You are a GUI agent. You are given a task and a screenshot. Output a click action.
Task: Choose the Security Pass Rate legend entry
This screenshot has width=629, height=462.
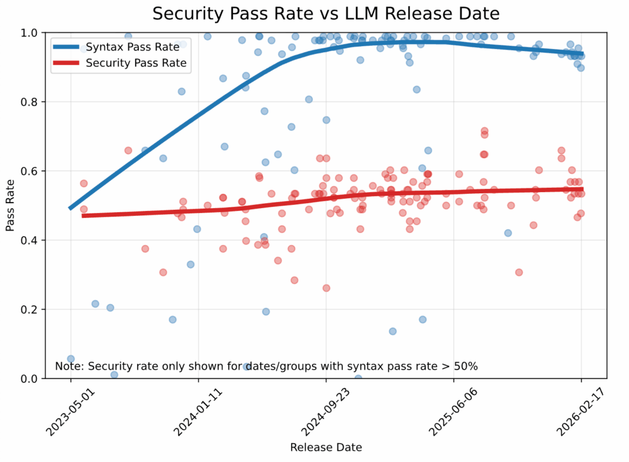136,63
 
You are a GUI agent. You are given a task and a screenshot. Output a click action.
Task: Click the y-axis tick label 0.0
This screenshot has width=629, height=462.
29,379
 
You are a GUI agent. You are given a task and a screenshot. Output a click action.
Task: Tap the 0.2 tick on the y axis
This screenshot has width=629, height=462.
29,309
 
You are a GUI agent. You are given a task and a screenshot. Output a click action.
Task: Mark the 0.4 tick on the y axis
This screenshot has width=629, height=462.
29,240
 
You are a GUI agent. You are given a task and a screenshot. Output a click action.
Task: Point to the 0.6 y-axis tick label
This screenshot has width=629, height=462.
29,171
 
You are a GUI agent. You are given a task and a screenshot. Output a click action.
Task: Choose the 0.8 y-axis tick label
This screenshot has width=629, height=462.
29,102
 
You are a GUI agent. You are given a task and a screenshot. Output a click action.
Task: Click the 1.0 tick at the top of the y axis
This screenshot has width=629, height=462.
29,33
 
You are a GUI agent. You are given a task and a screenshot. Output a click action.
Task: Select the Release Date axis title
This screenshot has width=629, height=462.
326,447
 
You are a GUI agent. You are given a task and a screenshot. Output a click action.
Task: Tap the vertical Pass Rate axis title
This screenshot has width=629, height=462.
10,206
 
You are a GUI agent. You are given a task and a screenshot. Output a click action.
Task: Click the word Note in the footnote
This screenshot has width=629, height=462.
68,366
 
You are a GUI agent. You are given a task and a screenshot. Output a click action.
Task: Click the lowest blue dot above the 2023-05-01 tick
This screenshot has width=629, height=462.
71,358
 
